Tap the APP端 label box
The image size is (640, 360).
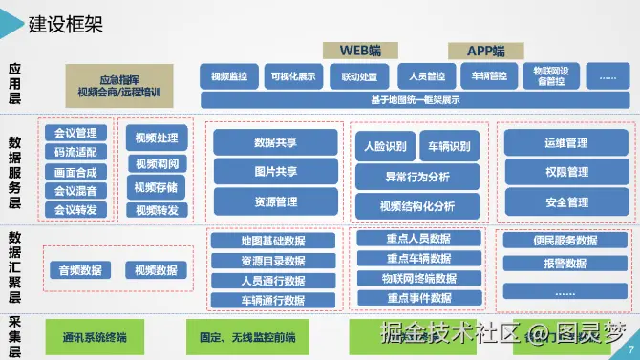[x=485, y=50]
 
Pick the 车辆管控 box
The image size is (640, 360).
[x=483, y=76]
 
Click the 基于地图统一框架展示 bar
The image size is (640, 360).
[x=415, y=99]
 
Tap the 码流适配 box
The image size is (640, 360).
[x=76, y=151]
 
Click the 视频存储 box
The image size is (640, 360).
[x=156, y=187]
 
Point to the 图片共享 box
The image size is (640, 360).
[x=276, y=172]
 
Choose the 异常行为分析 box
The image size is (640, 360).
[x=416, y=176]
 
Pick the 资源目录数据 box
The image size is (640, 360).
[x=274, y=261]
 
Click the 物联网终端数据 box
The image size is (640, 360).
[x=417, y=278]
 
